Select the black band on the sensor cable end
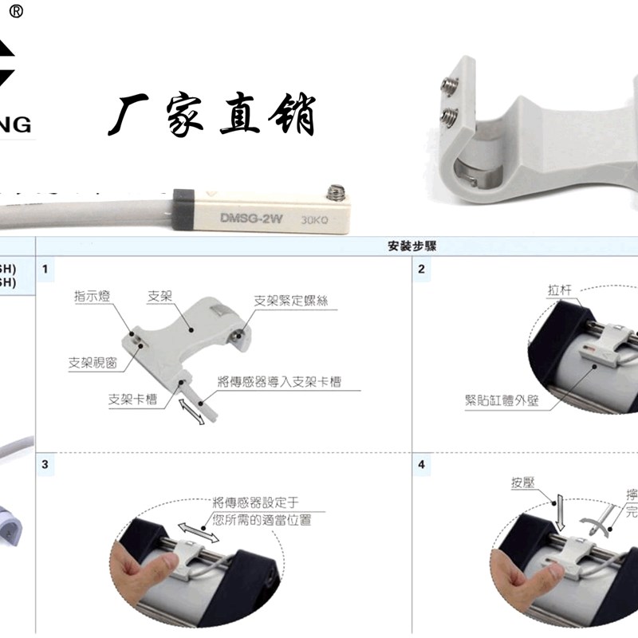[x=184, y=210]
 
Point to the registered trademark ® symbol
[x=16, y=11]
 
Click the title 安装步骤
[x=412, y=246]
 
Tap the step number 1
[x=45, y=270]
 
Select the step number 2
[x=421, y=270]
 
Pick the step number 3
[x=45, y=464]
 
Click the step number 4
[x=421, y=464]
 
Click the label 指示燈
[x=93, y=296]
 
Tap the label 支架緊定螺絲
[x=290, y=301]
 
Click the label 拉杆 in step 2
[x=561, y=290]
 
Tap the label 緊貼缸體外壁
[x=502, y=400]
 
